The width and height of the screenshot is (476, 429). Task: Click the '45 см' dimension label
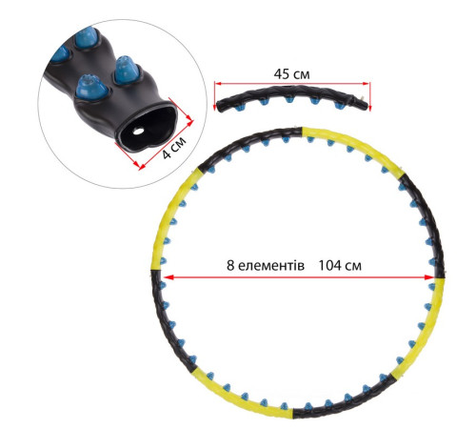coord(291,74)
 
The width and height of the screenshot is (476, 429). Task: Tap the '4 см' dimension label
coord(174,148)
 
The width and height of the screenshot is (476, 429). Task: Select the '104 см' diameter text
coord(340,265)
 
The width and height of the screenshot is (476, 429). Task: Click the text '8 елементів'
coord(266,265)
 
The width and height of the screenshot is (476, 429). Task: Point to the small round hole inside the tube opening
coord(138,131)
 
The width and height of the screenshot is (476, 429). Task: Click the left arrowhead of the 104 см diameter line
coord(169,277)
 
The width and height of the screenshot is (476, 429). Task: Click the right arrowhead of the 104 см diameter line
coord(429,277)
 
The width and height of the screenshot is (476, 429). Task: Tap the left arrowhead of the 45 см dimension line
coord(218,84)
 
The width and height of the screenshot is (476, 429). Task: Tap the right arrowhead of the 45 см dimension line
coord(367,84)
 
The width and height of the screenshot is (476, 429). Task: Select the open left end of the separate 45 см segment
coord(219,106)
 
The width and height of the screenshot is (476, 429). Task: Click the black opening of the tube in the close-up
coord(148,128)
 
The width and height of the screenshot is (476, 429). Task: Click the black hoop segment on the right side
coord(426,222)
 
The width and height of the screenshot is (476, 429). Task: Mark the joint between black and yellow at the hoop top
coord(302,132)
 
